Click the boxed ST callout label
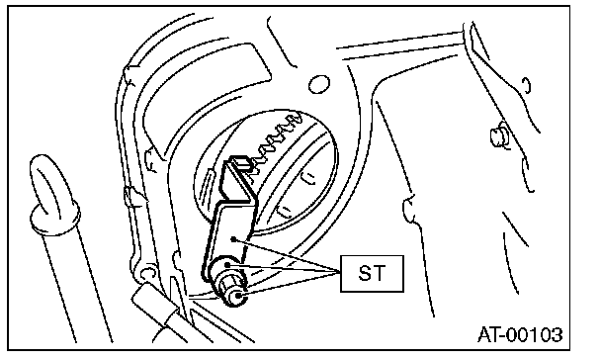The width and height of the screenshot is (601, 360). [372, 273]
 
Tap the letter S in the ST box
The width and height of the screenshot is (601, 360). [364, 273]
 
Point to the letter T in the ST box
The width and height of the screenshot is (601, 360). [379, 273]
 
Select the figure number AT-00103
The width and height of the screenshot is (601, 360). [520, 334]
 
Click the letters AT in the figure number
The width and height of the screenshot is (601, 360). [490, 334]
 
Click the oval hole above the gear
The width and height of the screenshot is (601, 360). [319, 84]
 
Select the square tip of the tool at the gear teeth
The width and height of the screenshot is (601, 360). [241, 162]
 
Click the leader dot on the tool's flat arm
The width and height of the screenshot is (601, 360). [233, 239]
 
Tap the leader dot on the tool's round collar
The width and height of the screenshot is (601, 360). [227, 264]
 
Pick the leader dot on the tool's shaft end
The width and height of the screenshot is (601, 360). [238, 296]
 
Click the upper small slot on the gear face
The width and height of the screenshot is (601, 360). [307, 177]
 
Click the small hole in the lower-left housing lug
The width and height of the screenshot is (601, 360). [146, 273]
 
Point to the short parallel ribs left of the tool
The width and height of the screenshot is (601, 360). [207, 181]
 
